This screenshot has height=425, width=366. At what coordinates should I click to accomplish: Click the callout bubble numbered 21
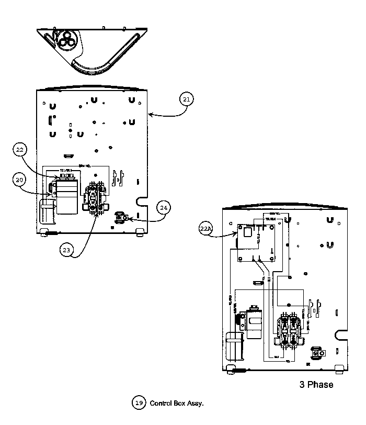click(187, 98)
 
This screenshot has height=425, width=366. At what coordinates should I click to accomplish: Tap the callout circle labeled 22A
click(207, 229)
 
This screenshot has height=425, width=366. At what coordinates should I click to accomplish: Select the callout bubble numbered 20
click(19, 180)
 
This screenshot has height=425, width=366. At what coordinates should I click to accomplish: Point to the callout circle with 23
click(66, 250)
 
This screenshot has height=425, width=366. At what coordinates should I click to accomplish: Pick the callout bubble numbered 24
click(164, 208)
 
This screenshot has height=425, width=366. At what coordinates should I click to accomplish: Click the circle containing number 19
click(139, 403)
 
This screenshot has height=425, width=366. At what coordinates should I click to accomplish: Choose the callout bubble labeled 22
click(19, 150)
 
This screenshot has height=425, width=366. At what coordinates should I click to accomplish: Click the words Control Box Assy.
click(176, 404)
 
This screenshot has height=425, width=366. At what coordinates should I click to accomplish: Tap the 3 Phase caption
click(316, 385)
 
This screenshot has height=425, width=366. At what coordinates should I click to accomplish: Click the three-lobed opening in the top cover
click(66, 40)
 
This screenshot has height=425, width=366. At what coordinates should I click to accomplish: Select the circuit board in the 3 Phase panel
click(257, 242)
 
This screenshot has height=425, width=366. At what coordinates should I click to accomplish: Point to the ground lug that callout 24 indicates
click(121, 216)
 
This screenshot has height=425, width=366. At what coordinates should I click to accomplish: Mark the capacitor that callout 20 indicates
click(67, 195)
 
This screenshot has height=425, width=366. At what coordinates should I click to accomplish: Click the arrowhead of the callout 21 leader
click(150, 113)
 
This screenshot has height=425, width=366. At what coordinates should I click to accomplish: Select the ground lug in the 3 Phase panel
click(316, 352)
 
